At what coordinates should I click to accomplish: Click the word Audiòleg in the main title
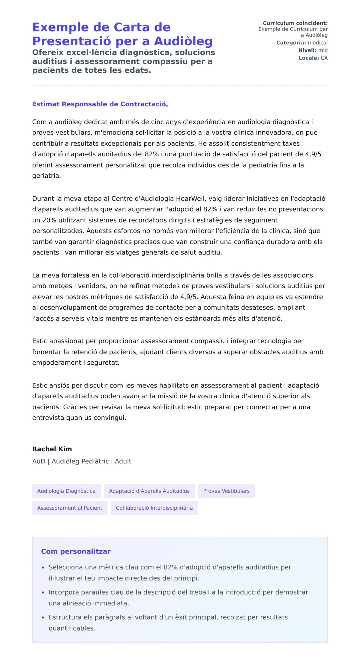(183, 41)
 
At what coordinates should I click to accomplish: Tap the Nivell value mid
(323, 50)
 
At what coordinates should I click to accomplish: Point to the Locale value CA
(324, 58)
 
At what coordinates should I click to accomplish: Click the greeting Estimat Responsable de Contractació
(100, 104)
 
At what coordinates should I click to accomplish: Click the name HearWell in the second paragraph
(191, 199)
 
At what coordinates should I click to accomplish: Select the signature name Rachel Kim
(52, 449)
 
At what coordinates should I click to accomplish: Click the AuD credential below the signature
(39, 461)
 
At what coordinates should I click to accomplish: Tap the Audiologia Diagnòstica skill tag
(66, 491)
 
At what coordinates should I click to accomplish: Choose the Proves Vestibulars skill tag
(226, 491)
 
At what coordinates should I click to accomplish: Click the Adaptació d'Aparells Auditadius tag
(149, 491)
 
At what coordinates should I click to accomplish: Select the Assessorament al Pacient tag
(70, 508)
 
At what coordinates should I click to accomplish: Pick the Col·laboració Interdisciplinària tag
(154, 508)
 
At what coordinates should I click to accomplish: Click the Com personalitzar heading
(76, 551)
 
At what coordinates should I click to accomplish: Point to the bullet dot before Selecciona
(43, 568)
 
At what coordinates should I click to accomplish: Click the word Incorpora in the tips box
(63, 592)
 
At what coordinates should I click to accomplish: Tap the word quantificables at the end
(72, 628)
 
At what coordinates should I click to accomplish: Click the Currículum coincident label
(295, 23)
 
